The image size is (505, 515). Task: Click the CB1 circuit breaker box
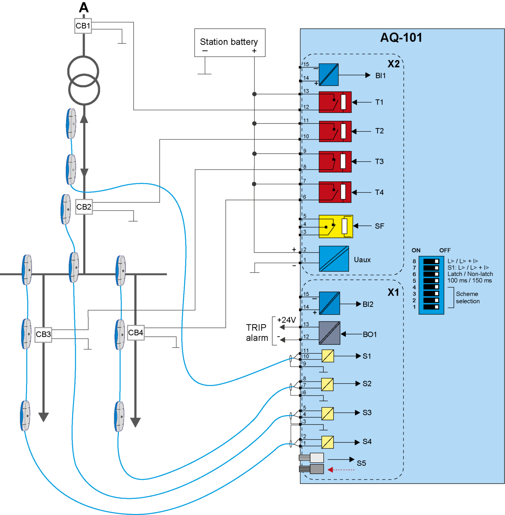(83, 26)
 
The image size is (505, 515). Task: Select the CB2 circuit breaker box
(84, 207)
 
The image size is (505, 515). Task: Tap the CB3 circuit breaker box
(44, 334)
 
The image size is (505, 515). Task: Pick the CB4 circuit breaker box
(136, 333)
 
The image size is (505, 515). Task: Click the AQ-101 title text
(401, 38)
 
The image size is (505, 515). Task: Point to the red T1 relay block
(335, 102)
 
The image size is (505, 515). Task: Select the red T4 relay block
(335, 192)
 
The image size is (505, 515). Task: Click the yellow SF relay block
(335, 226)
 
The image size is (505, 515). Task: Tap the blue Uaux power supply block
(334, 259)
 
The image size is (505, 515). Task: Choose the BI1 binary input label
(380, 76)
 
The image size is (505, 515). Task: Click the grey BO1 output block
(329, 333)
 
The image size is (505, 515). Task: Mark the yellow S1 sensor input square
(328, 356)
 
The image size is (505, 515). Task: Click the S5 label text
(361, 463)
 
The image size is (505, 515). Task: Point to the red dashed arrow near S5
(341, 470)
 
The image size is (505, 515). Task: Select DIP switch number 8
(431, 261)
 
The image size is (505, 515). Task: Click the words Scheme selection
(467, 297)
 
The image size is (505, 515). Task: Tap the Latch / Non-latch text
(470, 274)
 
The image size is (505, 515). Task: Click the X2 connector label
(393, 64)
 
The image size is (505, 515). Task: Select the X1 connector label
(393, 292)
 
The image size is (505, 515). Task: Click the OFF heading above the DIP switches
(445, 250)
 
